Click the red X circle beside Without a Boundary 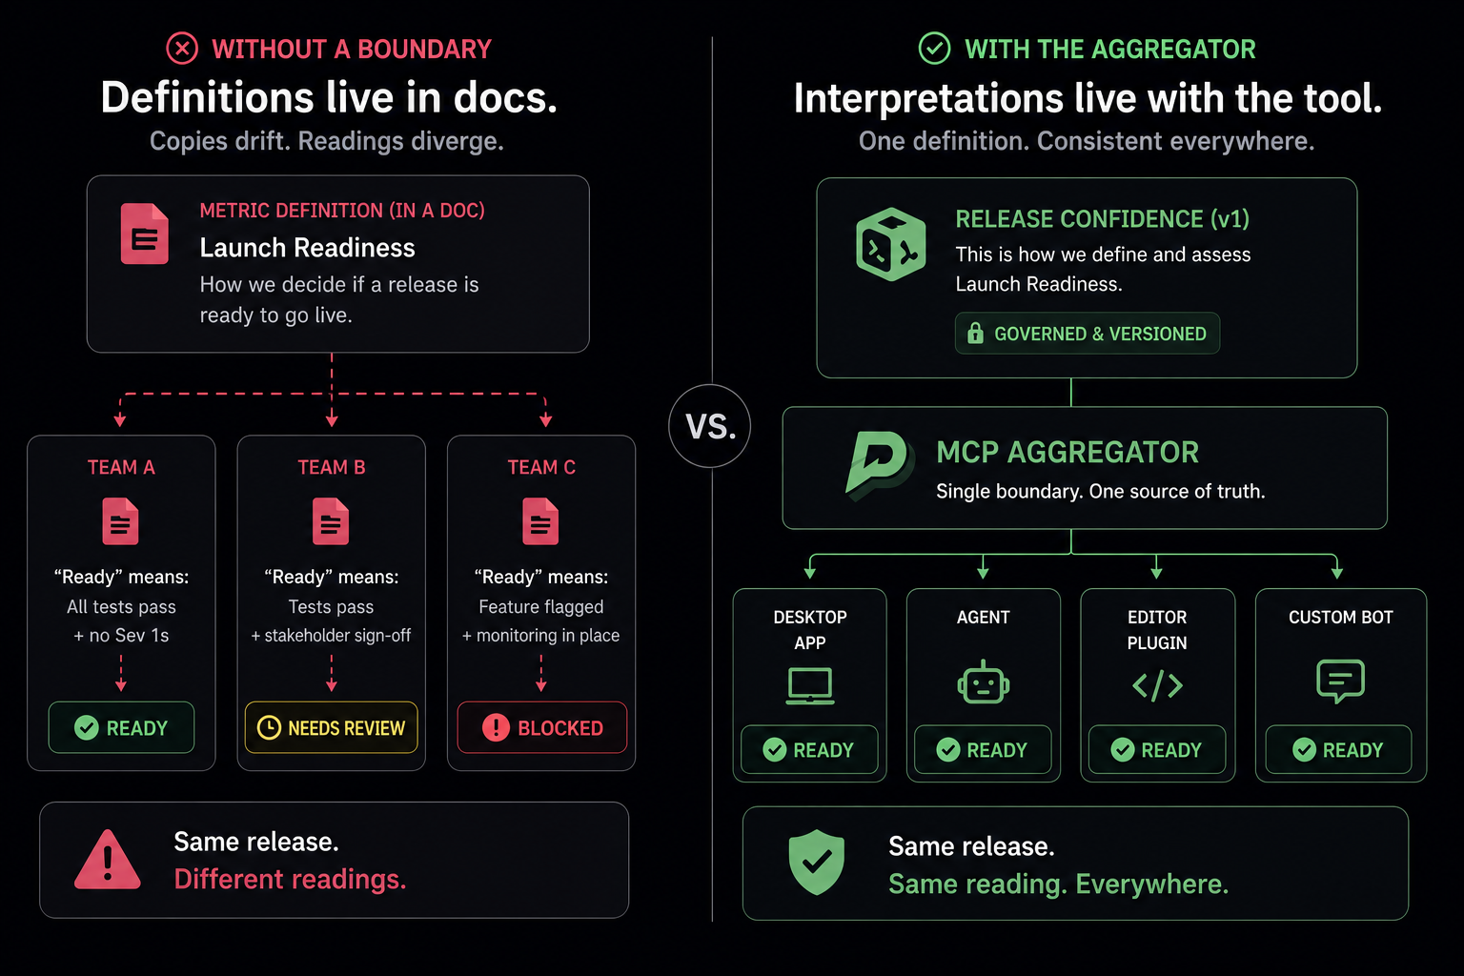point(182,49)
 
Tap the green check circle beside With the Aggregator point(935,49)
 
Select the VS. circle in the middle point(710,426)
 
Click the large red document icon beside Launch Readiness point(145,234)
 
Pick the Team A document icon point(120,521)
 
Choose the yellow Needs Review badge point(332,727)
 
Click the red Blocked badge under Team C point(541,727)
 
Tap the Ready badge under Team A point(122,727)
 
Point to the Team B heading point(332,467)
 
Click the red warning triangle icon point(107,860)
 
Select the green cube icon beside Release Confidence point(891,245)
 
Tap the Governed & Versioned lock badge point(1087,334)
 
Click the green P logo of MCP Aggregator point(878,465)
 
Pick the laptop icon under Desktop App point(810,685)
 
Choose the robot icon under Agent point(983,681)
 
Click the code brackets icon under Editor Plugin point(1157,685)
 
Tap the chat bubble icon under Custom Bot point(1340,681)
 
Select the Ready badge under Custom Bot point(1338,750)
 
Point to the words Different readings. point(290,879)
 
